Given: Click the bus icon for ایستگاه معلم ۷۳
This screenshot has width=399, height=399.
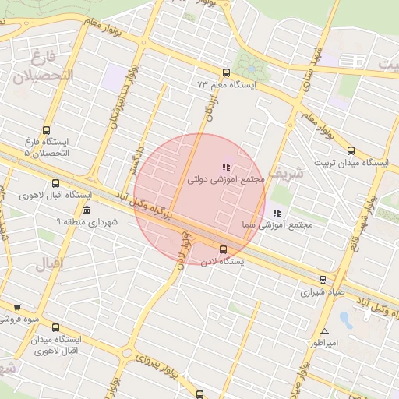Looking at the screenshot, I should [225, 69].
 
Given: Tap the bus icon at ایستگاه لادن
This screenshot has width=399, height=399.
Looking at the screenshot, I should [223, 249].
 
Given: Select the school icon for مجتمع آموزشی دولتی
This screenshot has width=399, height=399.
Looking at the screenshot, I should [226, 167].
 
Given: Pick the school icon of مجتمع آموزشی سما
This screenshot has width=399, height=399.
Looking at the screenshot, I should [276, 213].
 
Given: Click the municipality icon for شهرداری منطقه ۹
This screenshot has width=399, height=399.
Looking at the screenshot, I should [86, 210].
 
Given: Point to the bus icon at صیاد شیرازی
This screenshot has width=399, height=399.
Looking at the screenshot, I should [323, 280].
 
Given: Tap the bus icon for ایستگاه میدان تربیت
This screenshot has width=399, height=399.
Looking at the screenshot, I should [351, 151].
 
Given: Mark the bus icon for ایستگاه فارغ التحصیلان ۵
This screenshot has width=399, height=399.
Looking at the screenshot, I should [47, 131].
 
